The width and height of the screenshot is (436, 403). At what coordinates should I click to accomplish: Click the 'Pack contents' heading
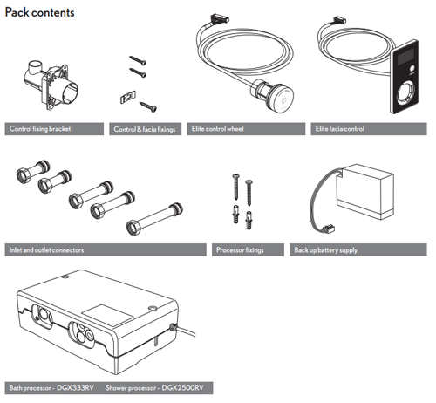coord(40,12)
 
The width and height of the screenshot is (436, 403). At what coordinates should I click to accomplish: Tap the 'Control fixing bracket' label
coord(40,129)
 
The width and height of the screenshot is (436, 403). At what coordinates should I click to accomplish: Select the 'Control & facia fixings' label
coord(145,129)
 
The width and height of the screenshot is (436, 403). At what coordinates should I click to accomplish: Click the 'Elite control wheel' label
coord(217,129)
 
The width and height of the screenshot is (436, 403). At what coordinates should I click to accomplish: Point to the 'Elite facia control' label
coord(340,129)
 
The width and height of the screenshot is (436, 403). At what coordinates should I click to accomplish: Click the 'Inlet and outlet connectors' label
coord(46,250)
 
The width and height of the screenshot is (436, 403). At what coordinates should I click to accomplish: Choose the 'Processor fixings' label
coord(240,250)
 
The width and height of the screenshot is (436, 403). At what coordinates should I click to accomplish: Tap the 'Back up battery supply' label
coord(326,250)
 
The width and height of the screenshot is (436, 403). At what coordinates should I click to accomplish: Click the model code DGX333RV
coord(75,388)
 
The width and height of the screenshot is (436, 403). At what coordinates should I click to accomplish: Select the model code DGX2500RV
coord(182,388)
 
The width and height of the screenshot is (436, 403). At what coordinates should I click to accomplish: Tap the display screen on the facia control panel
coord(405,57)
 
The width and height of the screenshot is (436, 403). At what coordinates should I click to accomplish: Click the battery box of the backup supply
coord(365,192)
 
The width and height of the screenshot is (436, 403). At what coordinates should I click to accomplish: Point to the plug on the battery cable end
coord(327,229)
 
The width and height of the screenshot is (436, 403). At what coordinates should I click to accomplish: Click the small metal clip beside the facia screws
coord(128,97)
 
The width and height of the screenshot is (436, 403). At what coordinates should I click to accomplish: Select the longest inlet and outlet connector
coord(154,219)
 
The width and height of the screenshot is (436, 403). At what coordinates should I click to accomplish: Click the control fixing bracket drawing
coord(51,85)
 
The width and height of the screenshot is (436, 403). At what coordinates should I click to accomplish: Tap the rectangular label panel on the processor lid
coord(107,315)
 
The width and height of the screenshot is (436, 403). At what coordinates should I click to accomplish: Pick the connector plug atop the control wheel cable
coord(220,17)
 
